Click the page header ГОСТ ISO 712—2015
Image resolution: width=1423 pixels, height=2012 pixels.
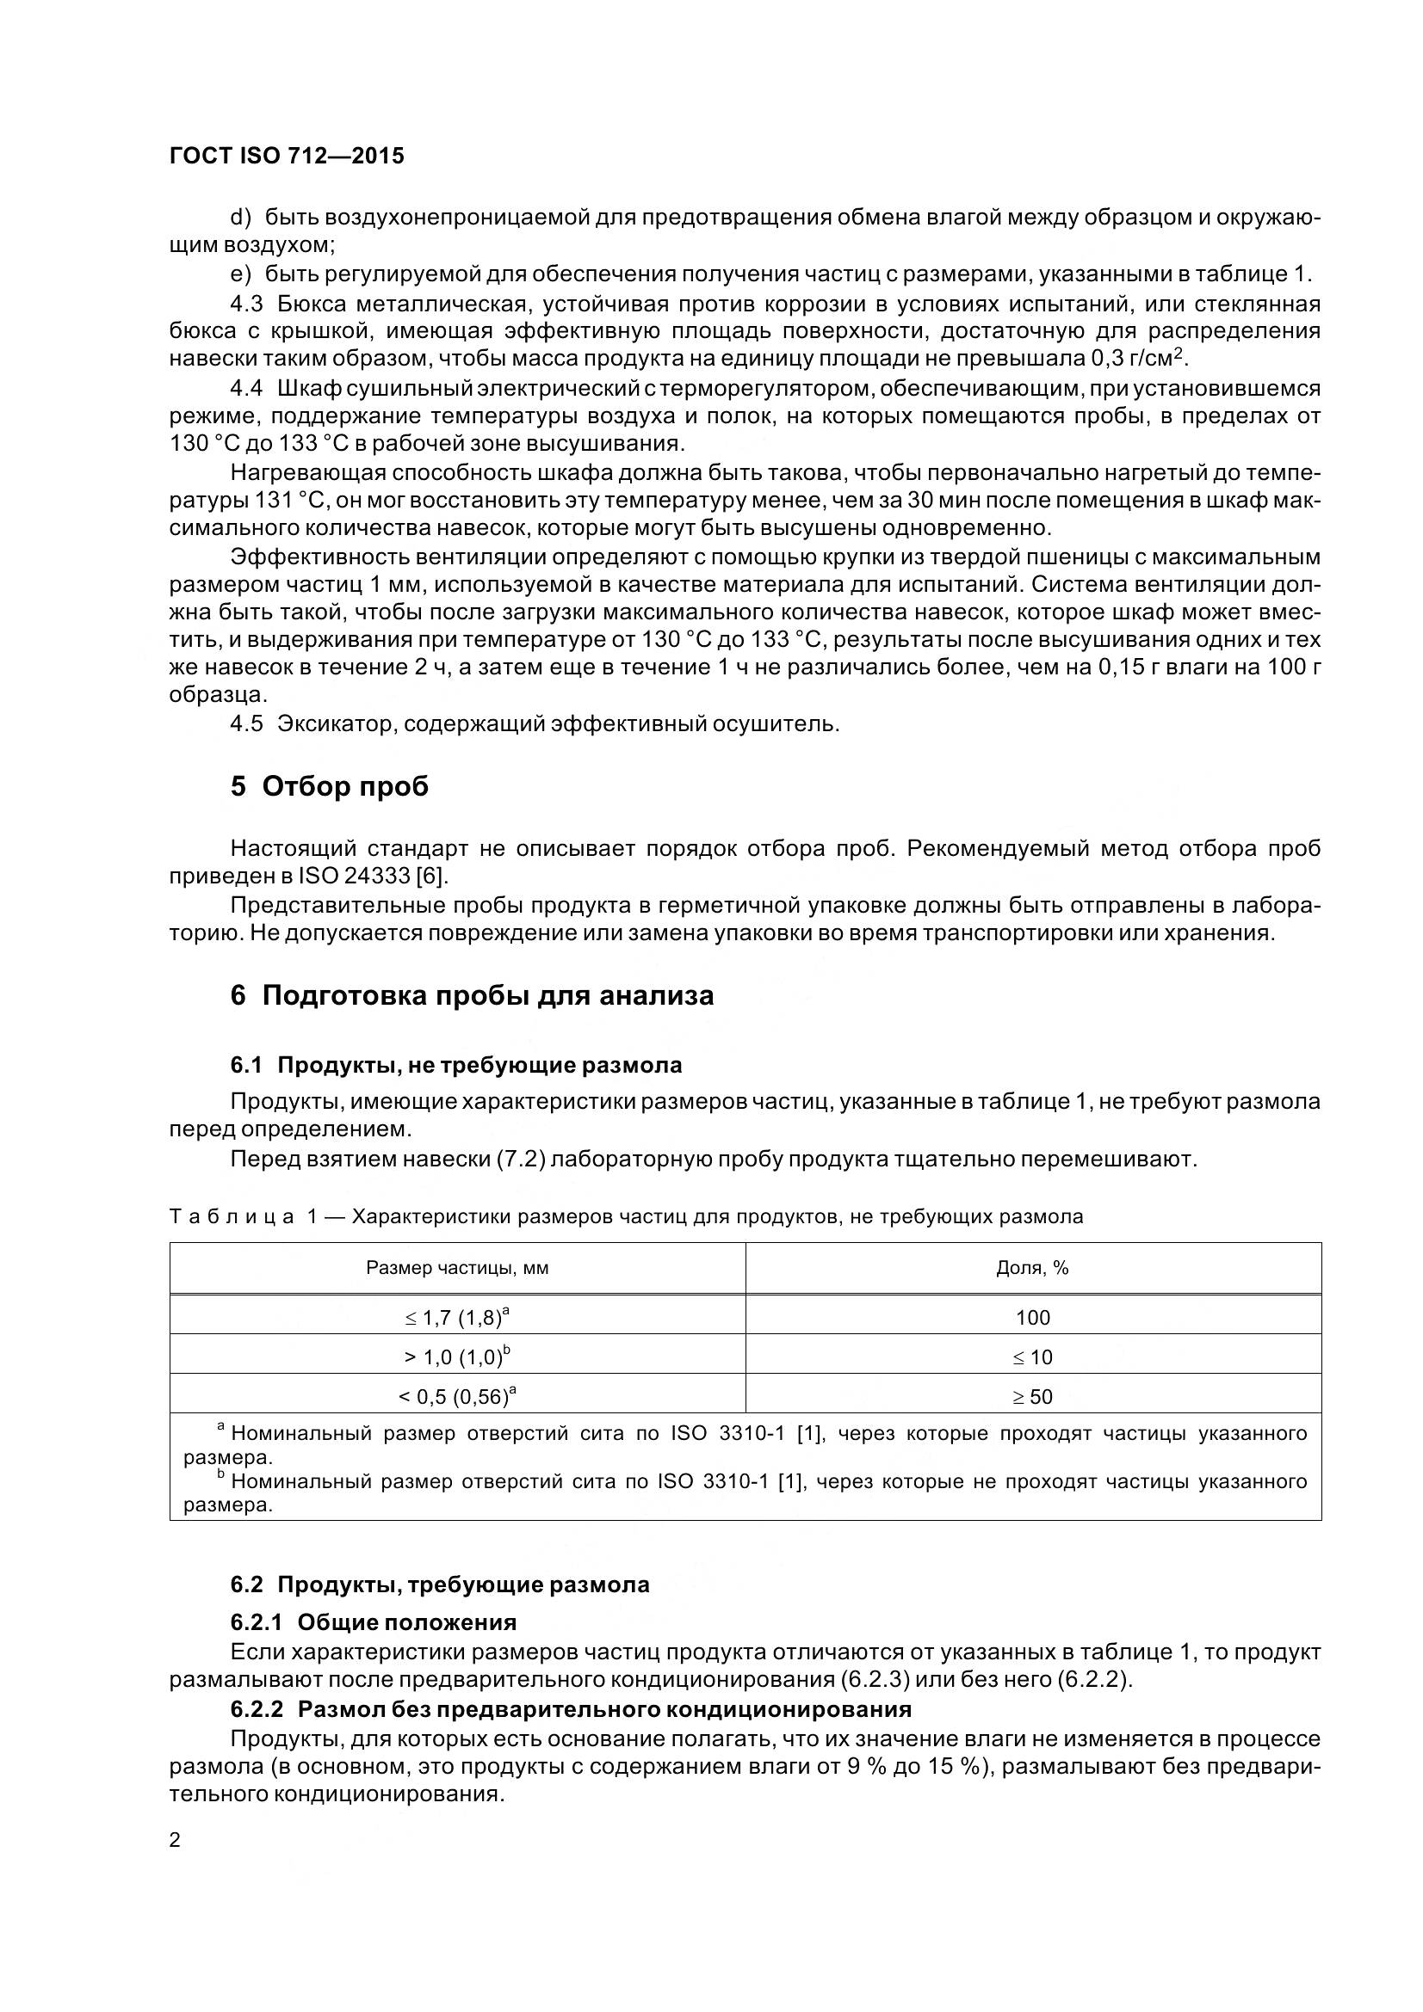[287, 156]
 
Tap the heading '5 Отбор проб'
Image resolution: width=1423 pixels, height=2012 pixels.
[330, 787]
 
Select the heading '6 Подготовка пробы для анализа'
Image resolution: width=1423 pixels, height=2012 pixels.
[472, 995]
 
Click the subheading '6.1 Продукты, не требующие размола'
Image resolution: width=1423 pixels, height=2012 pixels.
[456, 1066]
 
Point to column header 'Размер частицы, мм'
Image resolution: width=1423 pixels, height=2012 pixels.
[457, 1268]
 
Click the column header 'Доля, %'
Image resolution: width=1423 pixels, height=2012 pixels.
[1032, 1268]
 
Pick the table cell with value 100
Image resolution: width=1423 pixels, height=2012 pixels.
[1033, 1318]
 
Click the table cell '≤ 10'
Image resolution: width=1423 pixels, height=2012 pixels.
[1033, 1357]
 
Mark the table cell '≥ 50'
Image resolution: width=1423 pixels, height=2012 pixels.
[1033, 1397]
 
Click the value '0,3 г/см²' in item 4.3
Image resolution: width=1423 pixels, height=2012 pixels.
[1138, 358]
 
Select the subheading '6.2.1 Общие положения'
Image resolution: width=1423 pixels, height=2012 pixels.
[374, 1622]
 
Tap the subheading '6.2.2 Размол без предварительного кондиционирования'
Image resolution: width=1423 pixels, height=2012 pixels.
[571, 1709]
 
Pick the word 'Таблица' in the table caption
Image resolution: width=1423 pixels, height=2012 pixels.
[232, 1216]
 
